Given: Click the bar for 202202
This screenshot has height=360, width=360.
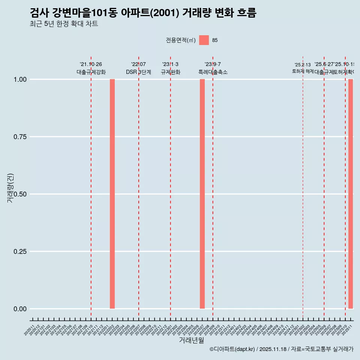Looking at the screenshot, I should pyautogui.click(x=112, y=194).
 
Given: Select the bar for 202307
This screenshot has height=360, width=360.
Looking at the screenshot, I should pyautogui.click(x=202, y=194).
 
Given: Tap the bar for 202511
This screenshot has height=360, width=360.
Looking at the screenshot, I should pyautogui.click(x=351, y=194).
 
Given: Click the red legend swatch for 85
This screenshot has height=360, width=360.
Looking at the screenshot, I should pyautogui.click(x=204, y=40).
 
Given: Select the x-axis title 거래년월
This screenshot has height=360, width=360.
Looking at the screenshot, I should pyautogui.click(x=192, y=340).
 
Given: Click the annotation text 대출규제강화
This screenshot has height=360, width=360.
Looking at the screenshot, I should pyautogui.click(x=91, y=72).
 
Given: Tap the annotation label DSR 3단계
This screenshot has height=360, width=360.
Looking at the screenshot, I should pyautogui.click(x=138, y=72).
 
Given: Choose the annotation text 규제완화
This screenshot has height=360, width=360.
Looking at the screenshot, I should pyautogui.click(x=171, y=72).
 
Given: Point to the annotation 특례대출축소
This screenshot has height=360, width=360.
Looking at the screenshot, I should pyautogui.click(x=213, y=72).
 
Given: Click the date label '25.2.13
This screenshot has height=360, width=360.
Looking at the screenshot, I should pyautogui.click(x=303, y=65).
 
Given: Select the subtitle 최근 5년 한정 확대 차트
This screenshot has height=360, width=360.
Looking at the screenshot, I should pyautogui.click(x=64, y=24).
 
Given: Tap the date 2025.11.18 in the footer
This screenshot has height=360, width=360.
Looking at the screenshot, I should pyautogui.click(x=273, y=349).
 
